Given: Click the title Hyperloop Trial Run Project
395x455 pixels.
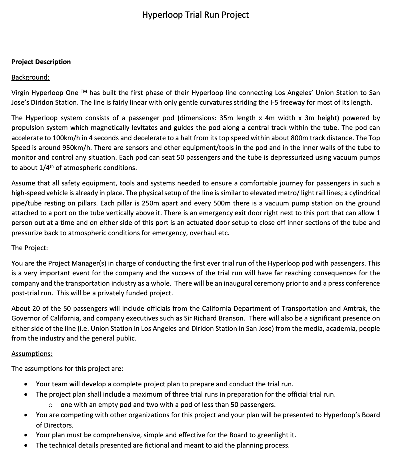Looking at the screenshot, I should pyautogui.click(x=195, y=15).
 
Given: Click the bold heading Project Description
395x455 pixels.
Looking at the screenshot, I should pyautogui.click(x=41, y=62).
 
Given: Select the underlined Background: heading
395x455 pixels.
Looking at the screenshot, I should pyautogui.click(x=30, y=77).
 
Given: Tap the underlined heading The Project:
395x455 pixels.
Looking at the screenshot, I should pyautogui.click(x=29, y=248).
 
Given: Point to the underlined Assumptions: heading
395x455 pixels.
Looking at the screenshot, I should pyautogui.click(x=32, y=354).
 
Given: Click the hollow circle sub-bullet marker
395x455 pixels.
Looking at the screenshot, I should pyautogui.click(x=50, y=405).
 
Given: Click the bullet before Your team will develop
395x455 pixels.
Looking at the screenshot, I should pyautogui.click(x=26, y=384).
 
